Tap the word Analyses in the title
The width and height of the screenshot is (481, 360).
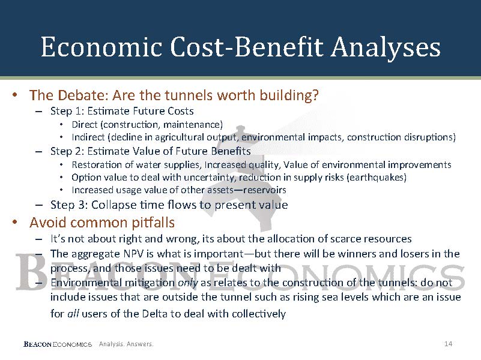[386, 48]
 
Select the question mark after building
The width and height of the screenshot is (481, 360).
[316, 95]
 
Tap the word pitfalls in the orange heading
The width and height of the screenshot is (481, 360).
[153, 223]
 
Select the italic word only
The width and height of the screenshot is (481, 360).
[188, 283]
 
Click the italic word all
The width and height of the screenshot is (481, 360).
[73, 313]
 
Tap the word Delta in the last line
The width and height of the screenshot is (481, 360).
[155, 313]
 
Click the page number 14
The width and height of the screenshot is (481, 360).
[448, 344]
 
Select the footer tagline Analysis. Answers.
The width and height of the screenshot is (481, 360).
[126, 344]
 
